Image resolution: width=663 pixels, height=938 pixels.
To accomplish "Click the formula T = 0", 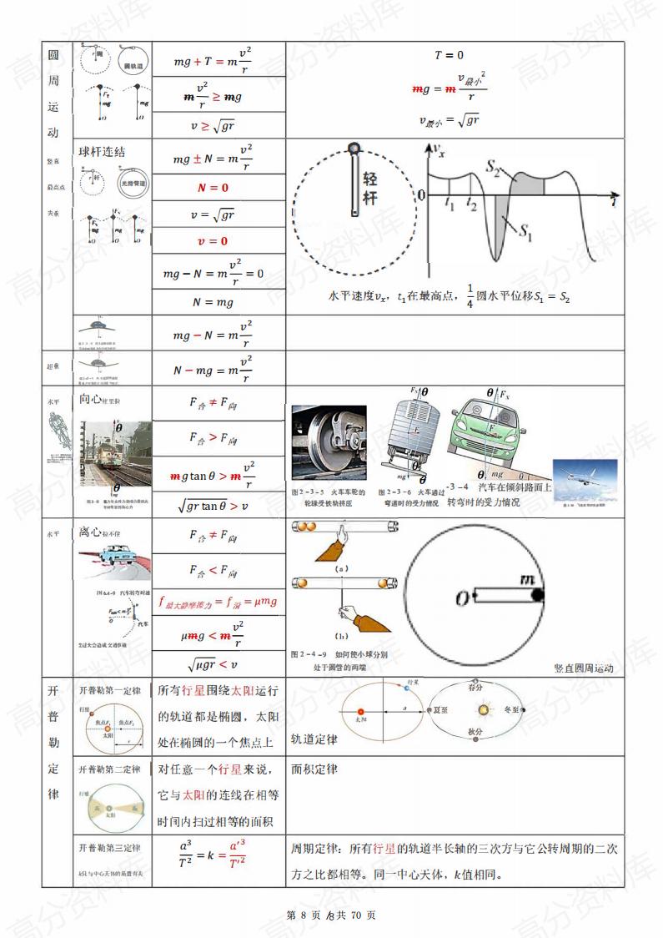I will [x=449, y=55].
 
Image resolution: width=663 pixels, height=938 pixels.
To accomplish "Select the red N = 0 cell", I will [x=213, y=188].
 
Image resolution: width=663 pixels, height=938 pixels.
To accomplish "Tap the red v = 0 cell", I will [x=213, y=241].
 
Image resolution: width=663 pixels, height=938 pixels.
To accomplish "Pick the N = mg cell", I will [x=213, y=302].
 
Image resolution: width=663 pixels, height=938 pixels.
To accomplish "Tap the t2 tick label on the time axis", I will [x=472, y=203].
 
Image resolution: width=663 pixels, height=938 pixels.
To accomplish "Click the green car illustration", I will [x=496, y=442].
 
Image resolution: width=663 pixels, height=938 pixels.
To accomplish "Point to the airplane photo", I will [x=583, y=479].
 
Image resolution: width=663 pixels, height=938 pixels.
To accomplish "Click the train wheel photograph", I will [x=329, y=442].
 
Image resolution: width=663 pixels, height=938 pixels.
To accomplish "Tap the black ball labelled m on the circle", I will [x=538, y=594].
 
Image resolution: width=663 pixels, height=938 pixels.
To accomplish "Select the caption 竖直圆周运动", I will [x=583, y=668].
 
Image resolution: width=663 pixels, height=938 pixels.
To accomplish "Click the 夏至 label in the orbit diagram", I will [x=436, y=709].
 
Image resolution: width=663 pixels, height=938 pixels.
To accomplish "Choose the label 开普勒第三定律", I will [x=110, y=848].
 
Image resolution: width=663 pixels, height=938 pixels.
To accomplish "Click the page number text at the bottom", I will [x=331, y=915].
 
